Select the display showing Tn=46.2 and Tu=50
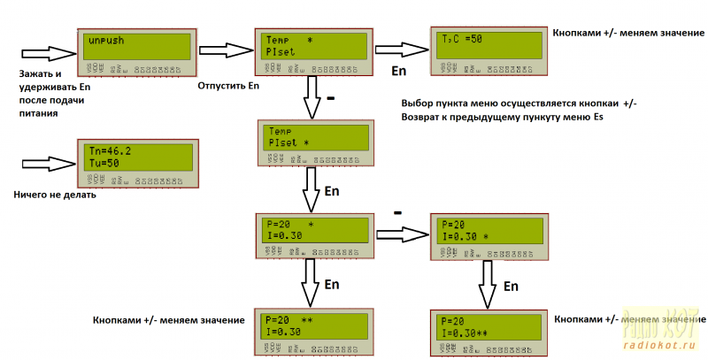pyautogui.click(x=138, y=159)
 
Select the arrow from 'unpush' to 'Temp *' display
pyautogui.click(x=223, y=49)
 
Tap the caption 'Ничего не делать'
pyautogui.click(x=55, y=195)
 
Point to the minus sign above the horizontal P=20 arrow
pyautogui.click(x=397, y=213)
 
